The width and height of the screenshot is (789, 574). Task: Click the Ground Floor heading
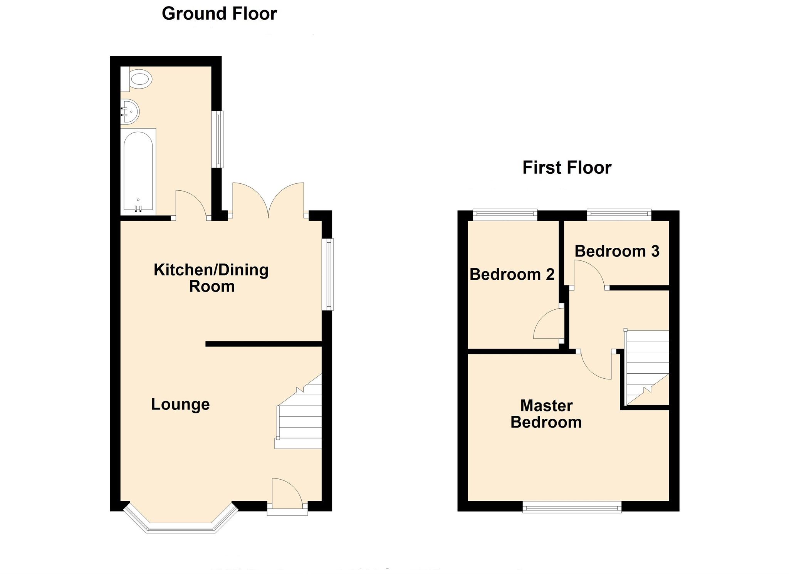tap(219, 14)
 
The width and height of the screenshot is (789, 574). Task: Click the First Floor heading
tap(566, 168)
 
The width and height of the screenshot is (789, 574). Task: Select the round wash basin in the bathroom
tap(130, 112)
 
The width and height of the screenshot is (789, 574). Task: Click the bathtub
tap(138, 171)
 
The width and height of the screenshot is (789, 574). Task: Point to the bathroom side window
tap(219, 139)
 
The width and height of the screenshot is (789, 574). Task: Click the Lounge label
tap(180, 404)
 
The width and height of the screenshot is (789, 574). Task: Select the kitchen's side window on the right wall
tap(328, 274)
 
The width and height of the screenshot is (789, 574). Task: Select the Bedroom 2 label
tap(512, 275)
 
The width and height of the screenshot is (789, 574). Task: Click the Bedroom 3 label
tap(616, 251)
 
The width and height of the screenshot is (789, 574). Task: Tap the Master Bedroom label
tap(546, 414)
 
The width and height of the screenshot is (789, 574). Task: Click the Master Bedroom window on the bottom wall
tap(572, 507)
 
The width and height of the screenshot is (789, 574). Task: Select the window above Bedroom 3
tap(619, 214)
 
